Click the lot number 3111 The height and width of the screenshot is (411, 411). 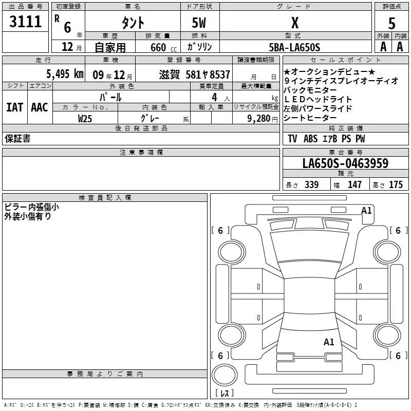[x=26, y=22]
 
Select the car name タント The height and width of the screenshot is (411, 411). [x=133, y=23]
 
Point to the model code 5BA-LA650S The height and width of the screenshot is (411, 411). [x=294, y=47]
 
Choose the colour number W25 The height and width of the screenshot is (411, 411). [x=85, y=119]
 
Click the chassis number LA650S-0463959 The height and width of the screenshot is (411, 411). [x=345, y=163]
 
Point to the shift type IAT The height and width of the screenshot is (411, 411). [x=14, y=107]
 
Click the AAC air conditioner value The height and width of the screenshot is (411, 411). [x=39, y=107]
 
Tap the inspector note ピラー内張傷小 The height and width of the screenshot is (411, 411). [x=31, y=207]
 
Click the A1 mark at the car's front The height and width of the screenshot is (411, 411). [x=366, y=210]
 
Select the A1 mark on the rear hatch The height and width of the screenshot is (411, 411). [x=329, y=342]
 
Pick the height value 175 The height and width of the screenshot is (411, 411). [x=396, y=185]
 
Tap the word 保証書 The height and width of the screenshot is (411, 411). [x=17, y=139]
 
